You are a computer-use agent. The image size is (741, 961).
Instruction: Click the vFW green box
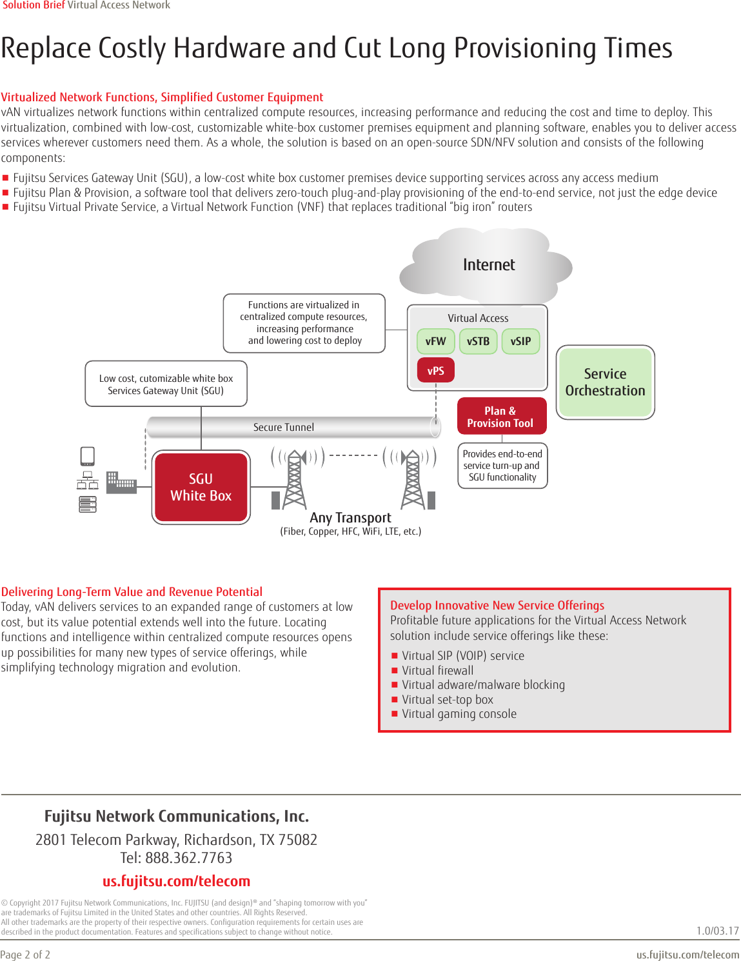[436, 341]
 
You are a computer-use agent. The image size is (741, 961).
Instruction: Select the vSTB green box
[478, 341]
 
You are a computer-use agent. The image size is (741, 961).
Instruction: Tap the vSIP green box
[520, 341]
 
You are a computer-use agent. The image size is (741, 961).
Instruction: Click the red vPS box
[436, 370]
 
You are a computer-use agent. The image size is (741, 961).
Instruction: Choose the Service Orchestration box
[605, 382]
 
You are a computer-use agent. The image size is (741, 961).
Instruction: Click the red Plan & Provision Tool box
[501, 417]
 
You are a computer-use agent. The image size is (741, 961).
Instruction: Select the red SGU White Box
[201, 487]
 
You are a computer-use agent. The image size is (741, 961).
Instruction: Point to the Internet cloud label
[489, 265]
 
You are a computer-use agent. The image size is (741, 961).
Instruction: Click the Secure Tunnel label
[284, 427]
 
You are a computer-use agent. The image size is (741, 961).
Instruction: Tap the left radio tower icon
[294, 479]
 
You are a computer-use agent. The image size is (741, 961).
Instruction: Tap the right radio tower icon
[413, 479]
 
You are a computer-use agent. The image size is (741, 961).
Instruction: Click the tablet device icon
[88, 456]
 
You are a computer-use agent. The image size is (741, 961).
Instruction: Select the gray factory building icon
[121, 482]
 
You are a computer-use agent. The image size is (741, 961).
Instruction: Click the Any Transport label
[350, 517]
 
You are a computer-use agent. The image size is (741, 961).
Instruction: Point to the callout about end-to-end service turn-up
[502, 466]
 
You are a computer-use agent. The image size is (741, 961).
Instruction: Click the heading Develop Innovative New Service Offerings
[497, 605]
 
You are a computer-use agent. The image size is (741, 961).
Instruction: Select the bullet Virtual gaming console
[459, 714]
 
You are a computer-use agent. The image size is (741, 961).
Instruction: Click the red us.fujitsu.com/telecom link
[176, 881]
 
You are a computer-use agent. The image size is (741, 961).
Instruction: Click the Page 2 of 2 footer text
[25, 955]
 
